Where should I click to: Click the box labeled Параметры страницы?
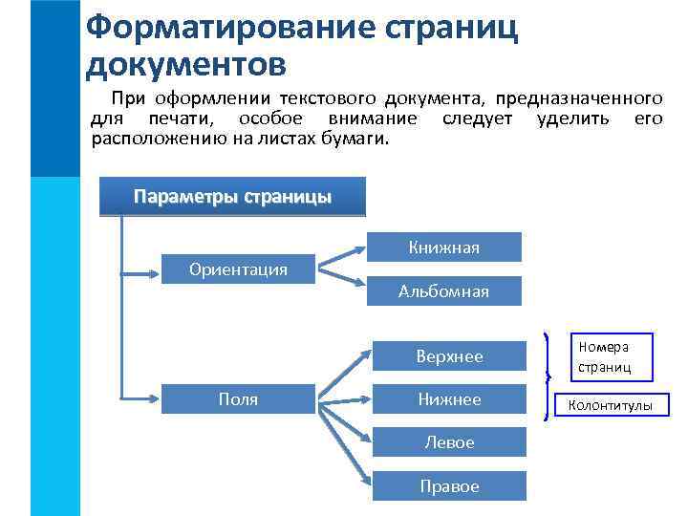coord(232,198)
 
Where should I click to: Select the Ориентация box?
coord(238,269)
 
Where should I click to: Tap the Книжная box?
coord(443,247)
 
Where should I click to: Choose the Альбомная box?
coord(443,291)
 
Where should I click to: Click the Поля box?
coord(238,399)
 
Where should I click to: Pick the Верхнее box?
coord(449,356)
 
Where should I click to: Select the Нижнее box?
coord(449,399)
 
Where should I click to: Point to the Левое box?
coord(449,442)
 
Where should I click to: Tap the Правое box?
coord(449,485)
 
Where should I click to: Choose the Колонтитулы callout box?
coord(612,406)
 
